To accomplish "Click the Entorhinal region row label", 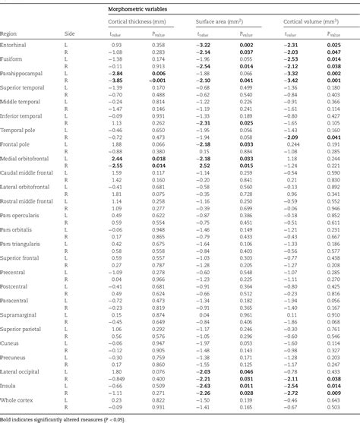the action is (14, 46).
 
